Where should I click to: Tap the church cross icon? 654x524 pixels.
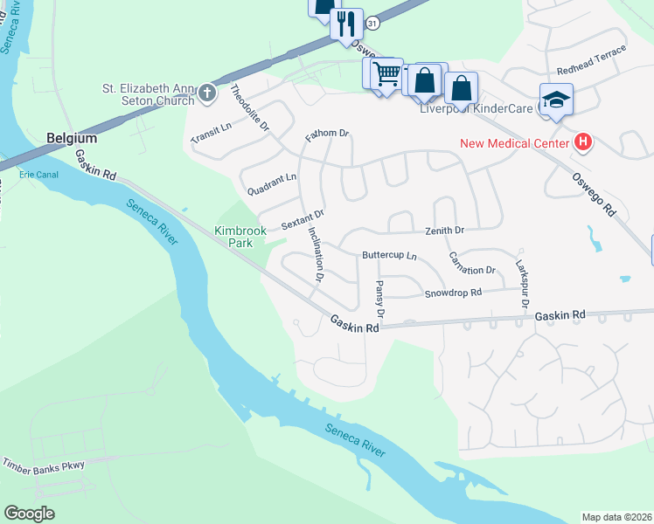(x=206, y=92)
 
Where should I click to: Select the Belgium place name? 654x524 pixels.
(x=72, y=138)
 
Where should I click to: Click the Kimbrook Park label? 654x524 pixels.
(x=240, y=237)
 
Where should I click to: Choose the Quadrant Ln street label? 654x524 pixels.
(x=272, y=183)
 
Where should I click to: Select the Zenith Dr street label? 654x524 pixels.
(x=444, y=230)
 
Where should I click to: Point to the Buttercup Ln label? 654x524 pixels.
(x=389, y=257)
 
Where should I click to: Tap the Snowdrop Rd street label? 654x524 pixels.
(x=453, y=293)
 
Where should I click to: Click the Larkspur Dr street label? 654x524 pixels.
(x=523, y=281)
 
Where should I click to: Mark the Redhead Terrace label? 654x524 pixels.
(x=592, y=61)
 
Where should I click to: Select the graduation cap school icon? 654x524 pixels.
(x=554, y=100)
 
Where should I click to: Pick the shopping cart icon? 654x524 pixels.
(x=386, y=73)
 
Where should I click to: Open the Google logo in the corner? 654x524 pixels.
(x=29, y=514)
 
